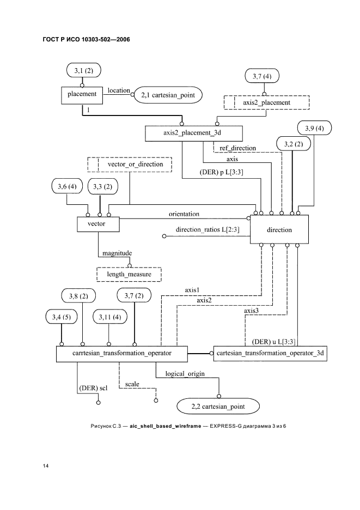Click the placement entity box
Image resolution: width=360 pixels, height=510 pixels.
82,94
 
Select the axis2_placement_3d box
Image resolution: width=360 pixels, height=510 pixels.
194,132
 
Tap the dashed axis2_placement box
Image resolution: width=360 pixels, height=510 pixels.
266,102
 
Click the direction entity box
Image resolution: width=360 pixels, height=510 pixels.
279,229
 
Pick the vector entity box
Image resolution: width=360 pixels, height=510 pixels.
96,223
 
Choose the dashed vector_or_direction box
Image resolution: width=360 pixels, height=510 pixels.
129,163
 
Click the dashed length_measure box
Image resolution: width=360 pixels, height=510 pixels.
130,275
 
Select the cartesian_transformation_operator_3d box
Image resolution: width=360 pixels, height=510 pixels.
270,353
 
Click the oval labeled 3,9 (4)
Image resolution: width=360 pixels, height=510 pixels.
314,129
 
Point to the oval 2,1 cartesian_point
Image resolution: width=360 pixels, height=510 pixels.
167,95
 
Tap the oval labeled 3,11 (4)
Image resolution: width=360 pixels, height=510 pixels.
109,317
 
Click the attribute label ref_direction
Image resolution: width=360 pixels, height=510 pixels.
238,148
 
